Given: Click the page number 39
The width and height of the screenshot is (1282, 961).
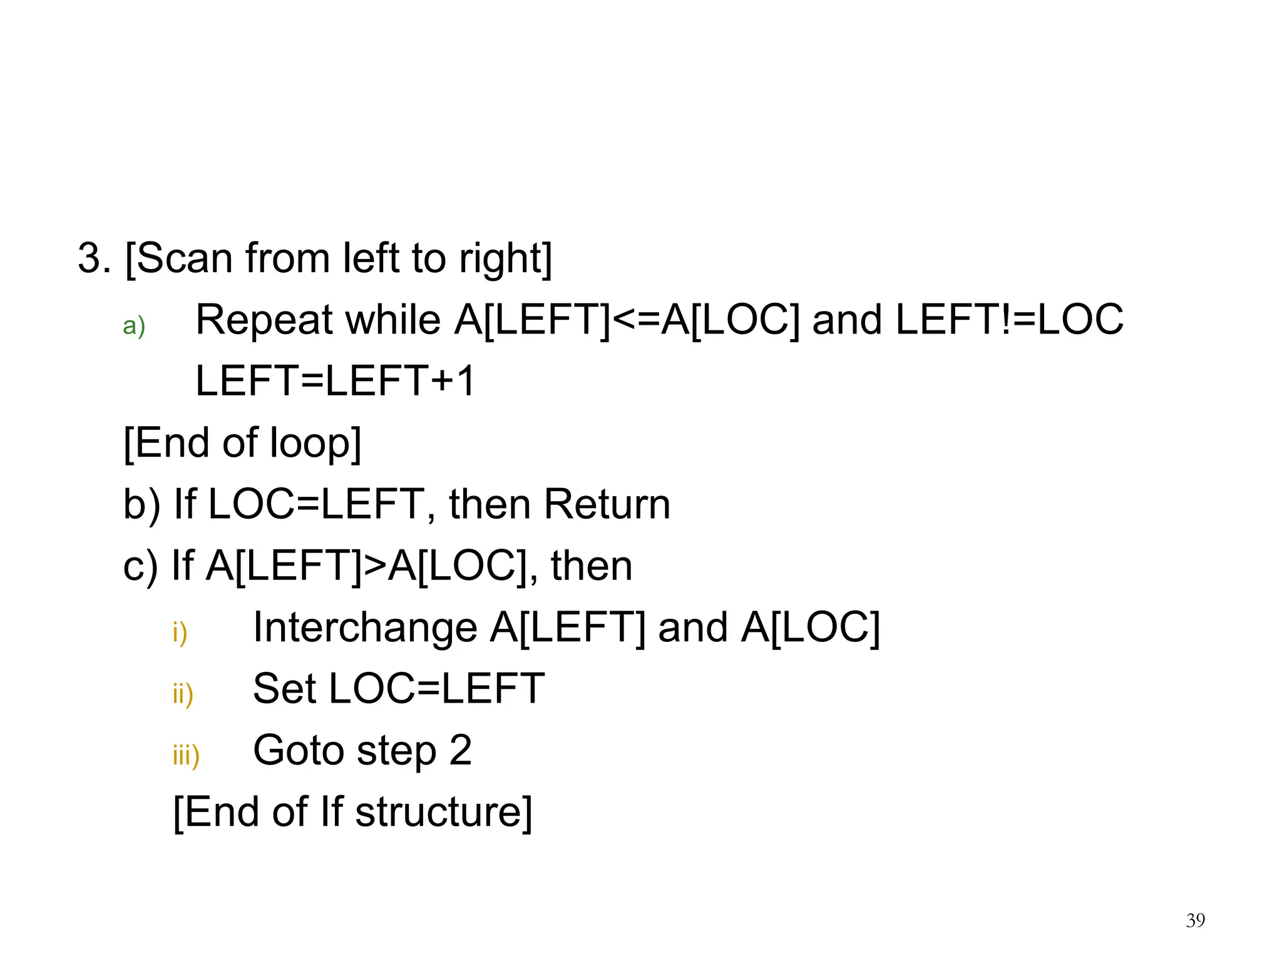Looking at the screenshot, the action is pyautogui.click(x=1195, y=920).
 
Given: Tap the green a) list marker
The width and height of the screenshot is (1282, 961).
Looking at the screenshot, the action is pyautogui.click(x=134, y=326).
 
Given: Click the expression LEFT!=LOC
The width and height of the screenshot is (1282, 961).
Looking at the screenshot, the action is pyautogui.click(x=1009, y=320).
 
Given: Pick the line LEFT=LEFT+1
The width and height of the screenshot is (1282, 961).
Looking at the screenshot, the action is pyautogui.click(x=336, y=380).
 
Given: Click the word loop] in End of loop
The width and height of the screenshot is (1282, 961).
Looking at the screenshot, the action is pyautogui.click(x=315, y=443).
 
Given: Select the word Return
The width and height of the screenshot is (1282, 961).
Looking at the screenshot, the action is pyautogui.click(x=607, y=504).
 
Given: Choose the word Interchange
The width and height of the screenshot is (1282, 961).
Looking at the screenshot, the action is pyautogui.click(x=365, y=627).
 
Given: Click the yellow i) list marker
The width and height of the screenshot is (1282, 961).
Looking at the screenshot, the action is pyautogui.click(x=180, y=633).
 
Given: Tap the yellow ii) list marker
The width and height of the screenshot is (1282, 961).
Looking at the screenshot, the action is pyautogui.click(x=183, y=694).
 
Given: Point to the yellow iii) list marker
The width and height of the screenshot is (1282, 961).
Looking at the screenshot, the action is pyautogui.click(x=187, y=755).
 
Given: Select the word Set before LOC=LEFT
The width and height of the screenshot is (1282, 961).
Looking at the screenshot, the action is pyautogui.click(x=285, y=688).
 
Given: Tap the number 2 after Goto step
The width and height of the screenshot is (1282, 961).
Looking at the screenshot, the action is pyautogui.click(x=460, y=750).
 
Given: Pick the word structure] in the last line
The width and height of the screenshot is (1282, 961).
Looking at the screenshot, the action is pyautogui.click(x=443, y=811).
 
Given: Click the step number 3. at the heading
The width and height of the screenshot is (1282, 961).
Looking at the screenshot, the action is pyautogui.click(x=94, y=258).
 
